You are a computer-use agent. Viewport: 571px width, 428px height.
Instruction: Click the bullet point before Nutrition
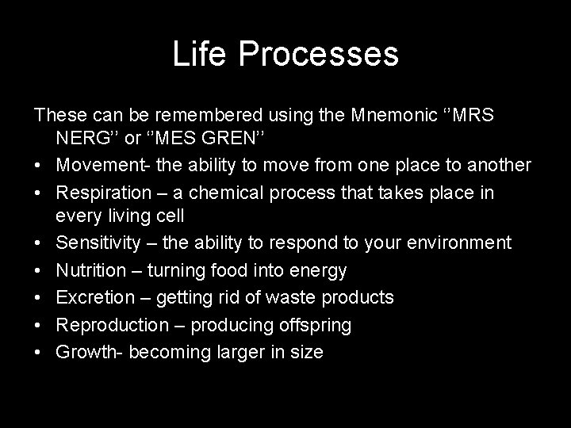click(x=39, y=271)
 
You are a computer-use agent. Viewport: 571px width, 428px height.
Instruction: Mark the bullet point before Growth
click(x=39, y=352)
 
